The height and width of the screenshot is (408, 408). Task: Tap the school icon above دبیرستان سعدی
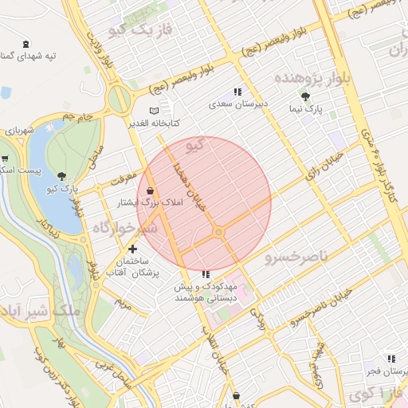click(x=237, y=92)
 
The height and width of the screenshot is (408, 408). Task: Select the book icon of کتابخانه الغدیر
click(x=154, y=111)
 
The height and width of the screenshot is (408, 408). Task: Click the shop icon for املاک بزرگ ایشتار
click(x=150, y=190)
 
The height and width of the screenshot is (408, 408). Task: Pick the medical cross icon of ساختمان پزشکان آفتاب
click(x=132, y=249)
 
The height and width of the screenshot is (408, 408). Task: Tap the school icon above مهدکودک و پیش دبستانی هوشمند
click(x=206, y=274)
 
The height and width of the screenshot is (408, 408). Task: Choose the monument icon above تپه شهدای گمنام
click(x=27, y=44)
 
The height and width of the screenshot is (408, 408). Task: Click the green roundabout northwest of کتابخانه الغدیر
click(x=120, y=100)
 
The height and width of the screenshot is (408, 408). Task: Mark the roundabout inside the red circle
click(x=218, y=232)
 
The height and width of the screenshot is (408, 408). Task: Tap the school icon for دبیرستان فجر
click(x=390, y=359)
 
